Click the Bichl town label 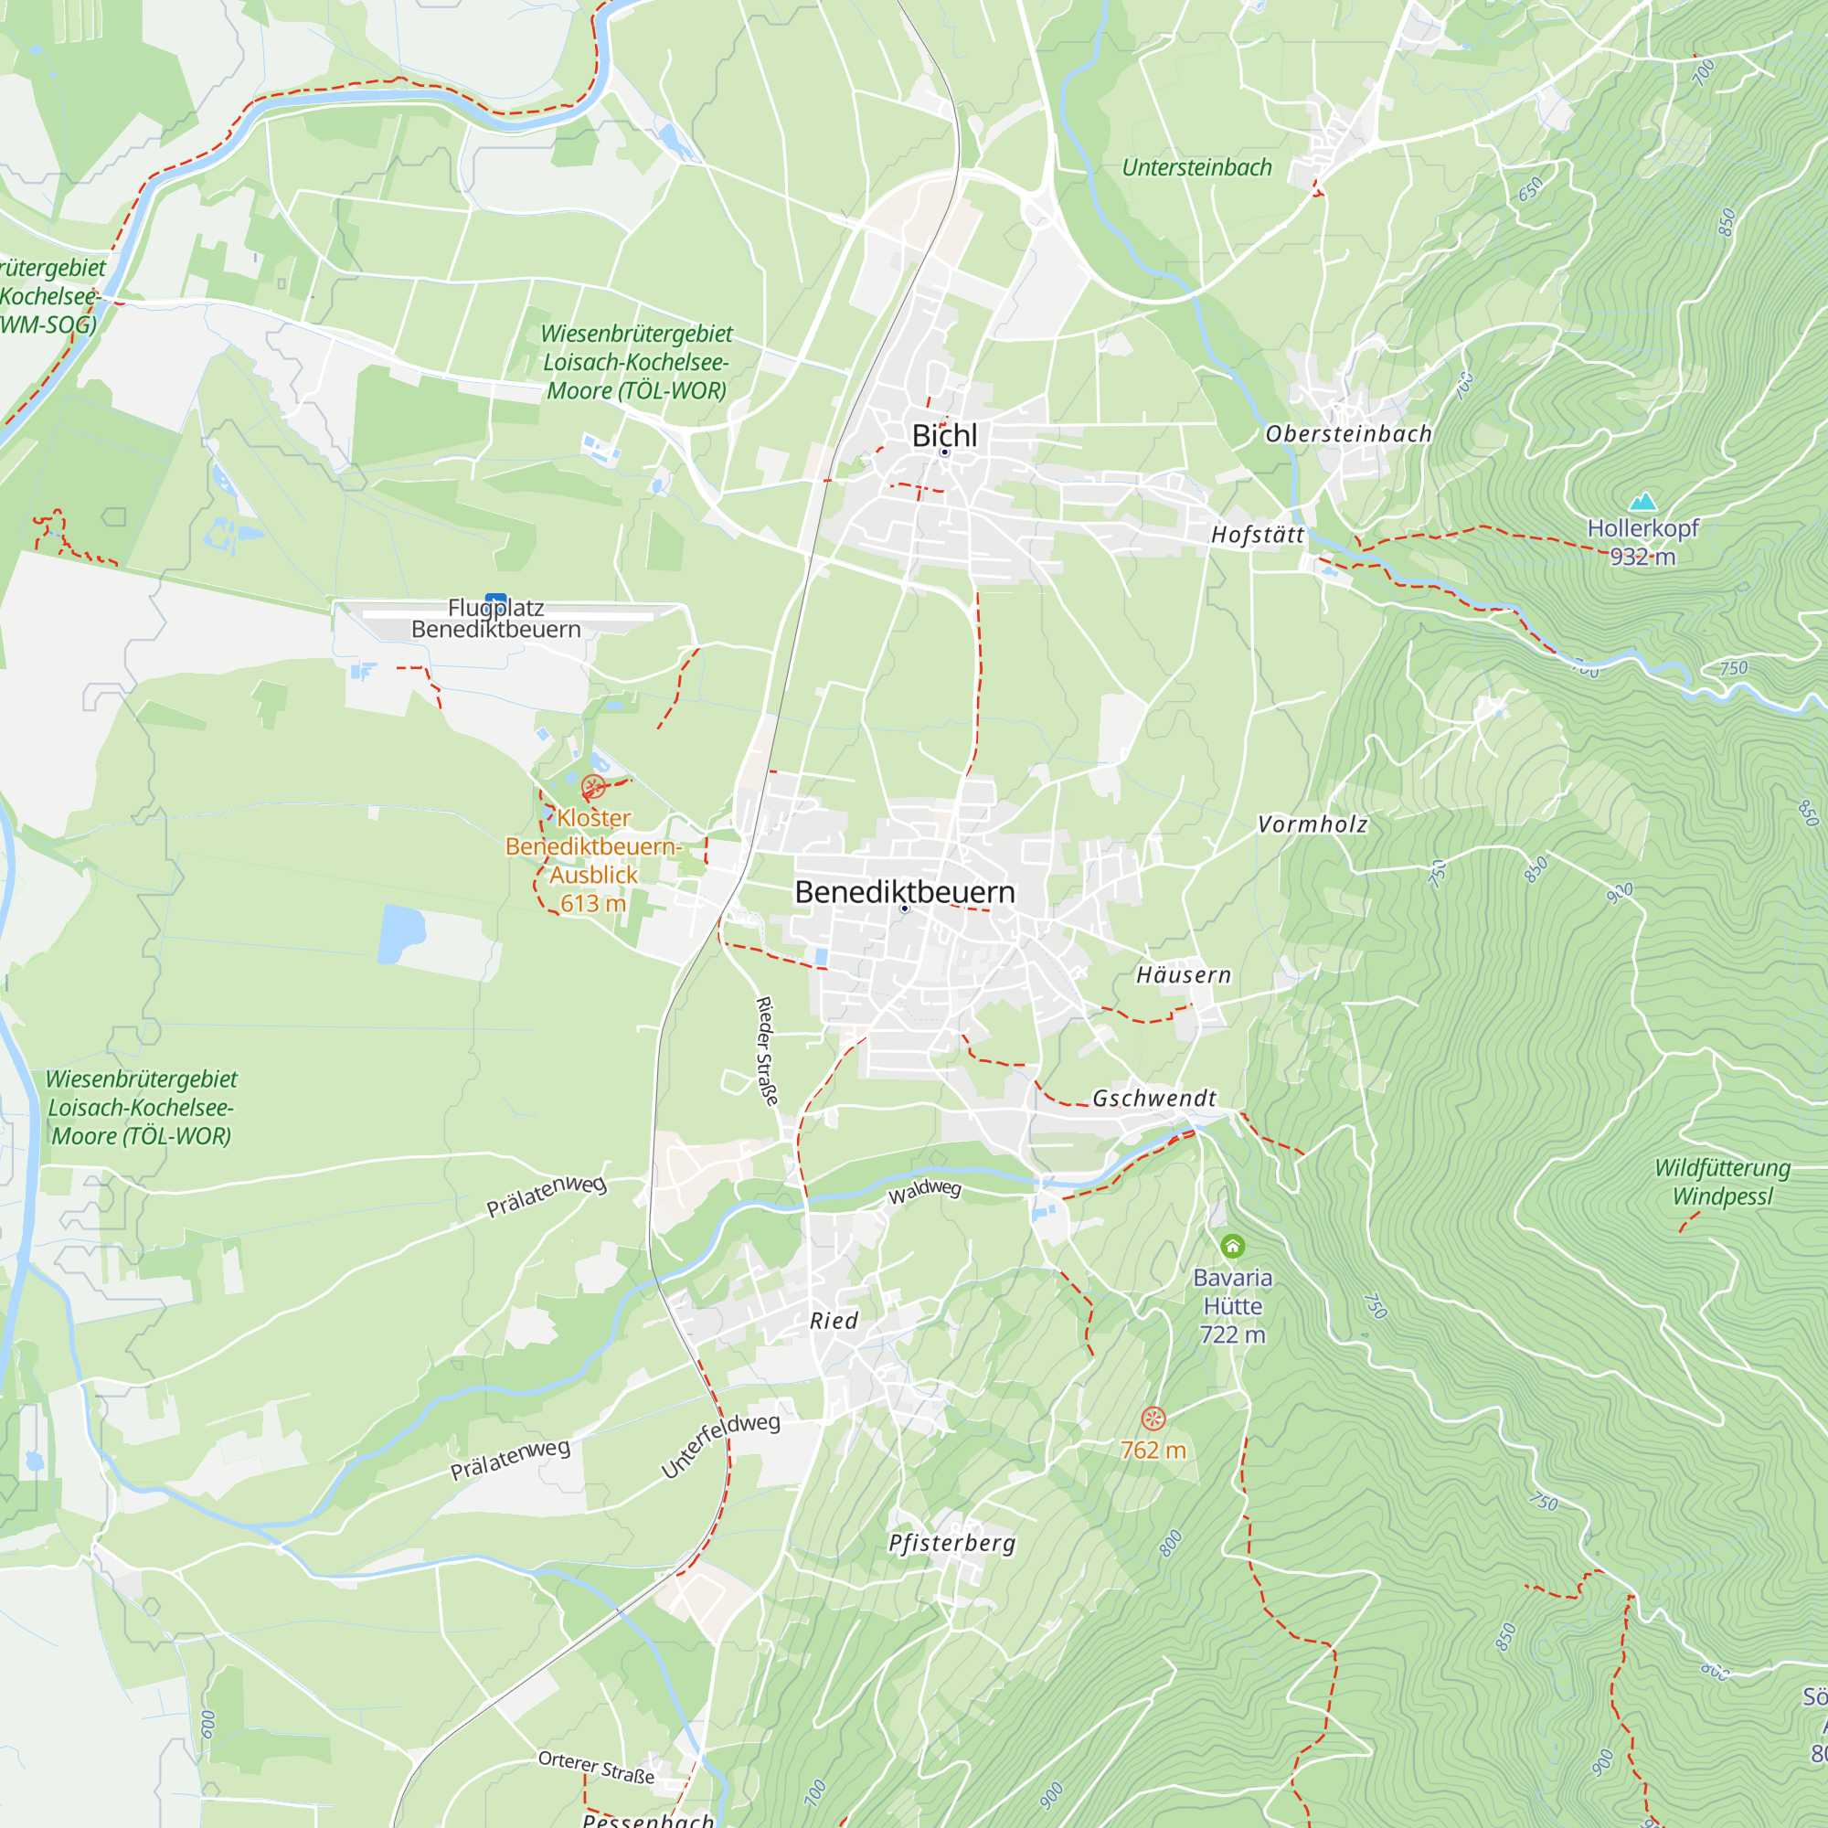[943, 435]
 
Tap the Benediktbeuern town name [905, 891]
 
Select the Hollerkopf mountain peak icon [1642, 502]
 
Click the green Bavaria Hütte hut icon [1232, 1246]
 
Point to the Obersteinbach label [1348, 434]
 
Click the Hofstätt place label [1258, 535]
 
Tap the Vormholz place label [1313, 824]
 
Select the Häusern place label [1183, 974]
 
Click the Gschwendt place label [1154, 1098]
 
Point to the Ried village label [834, 1321]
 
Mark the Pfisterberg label [951, 1543]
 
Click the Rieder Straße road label [767, 1050]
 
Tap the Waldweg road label [924, 1191]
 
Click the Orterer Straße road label [596, 1767]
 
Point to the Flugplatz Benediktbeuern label [495, 619]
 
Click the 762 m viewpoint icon [1153, 1418]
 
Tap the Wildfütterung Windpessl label [1722, 1182]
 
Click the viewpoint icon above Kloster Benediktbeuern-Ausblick [593, 786]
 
